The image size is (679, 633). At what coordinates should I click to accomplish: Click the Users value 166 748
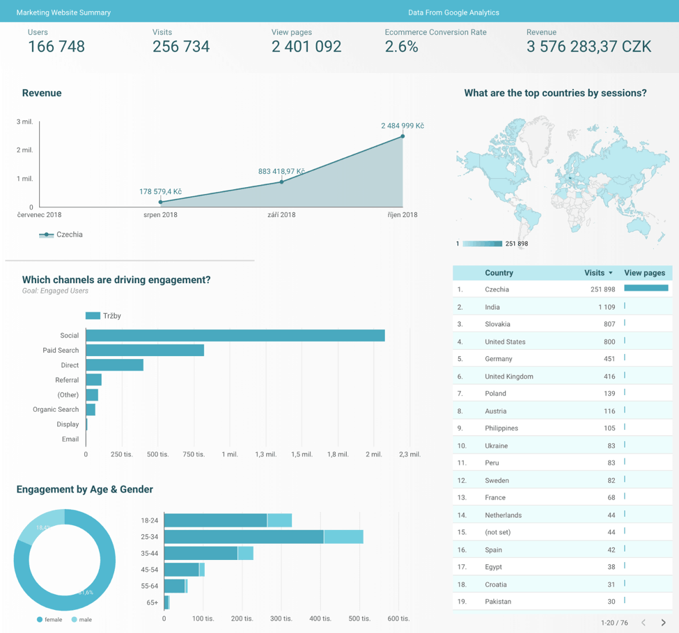(x=56, y=47)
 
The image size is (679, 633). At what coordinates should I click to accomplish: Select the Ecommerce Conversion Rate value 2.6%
(x=402, y=47)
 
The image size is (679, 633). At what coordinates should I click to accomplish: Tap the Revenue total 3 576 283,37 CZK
(x=589, y=47)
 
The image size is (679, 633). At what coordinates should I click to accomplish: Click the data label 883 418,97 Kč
(x=281, y=171)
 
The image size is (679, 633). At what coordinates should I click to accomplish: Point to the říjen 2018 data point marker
(x=403, y=136)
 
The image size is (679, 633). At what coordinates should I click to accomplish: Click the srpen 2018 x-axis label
(x=160, y=215)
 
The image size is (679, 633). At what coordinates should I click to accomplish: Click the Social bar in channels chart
(x=235, y=335)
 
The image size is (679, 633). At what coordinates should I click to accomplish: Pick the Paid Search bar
(x=145, y=350)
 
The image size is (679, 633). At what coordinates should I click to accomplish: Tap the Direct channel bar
(x=114, y=365)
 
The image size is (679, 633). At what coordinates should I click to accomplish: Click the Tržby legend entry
(x=104, y=316)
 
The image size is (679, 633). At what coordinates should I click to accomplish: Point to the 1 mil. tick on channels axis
(x=229, y=454)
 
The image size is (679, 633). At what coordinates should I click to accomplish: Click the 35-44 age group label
(x=150, y=554)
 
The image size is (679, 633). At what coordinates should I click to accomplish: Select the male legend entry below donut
(x=81, y=619)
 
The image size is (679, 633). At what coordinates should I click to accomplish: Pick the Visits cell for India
(x=606, y=307)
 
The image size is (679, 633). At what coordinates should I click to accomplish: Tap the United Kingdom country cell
(x=509, y=376)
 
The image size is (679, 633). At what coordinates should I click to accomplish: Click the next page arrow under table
(x=663, y=623)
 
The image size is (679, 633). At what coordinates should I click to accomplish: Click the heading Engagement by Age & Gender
(x=85, y=490)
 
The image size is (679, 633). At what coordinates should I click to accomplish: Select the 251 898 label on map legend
(x=517, y=244)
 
